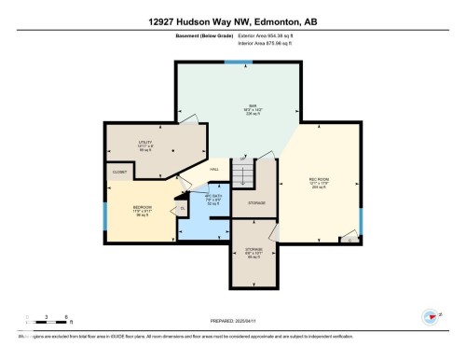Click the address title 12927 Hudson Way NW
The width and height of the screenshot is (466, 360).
click(232, 21)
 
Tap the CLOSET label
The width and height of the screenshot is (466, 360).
click(119, 173)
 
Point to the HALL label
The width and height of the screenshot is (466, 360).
click(214, 169)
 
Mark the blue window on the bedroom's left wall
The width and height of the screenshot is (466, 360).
click(105, 215)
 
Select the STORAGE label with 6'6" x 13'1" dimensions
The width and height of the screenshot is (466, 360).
click(254, 250)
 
